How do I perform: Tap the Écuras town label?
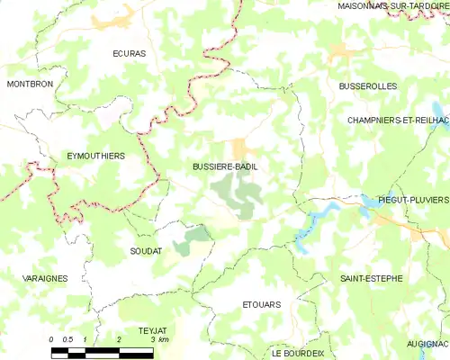(x=130, y=54)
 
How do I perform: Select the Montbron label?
(x=30, y=84)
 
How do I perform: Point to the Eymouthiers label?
(x=96, y=156)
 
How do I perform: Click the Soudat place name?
(x=146, y=250)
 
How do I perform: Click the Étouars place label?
(x=262, y=304)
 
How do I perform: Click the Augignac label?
(x=427, y=344)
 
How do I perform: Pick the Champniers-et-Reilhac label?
(x=398, y=120)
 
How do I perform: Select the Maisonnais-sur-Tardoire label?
(x=393, y=6)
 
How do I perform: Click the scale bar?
(x=102, y=351)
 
